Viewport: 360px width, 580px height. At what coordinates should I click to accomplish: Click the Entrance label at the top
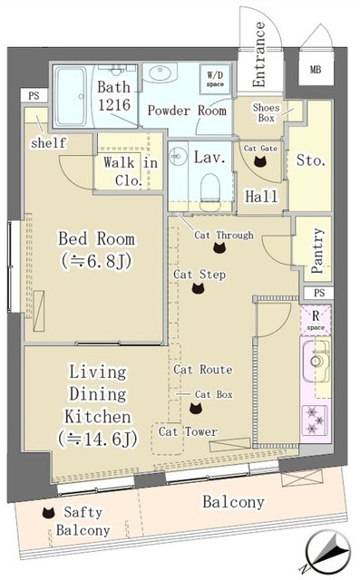tap(259, 54)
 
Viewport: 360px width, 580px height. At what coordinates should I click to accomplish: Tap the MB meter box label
tap(316, 69)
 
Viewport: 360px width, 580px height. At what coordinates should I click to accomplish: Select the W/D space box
tap(215, 79)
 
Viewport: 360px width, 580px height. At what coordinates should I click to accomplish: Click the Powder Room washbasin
tap(161, 72)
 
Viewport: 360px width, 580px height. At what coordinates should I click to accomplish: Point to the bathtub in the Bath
tap(71, 97)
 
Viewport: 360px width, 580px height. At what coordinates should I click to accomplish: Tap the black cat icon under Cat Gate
tap(260, 161)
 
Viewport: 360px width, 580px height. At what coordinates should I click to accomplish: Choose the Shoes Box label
tap(266, 112)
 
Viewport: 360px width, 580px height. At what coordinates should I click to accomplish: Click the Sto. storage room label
tap(311, 160)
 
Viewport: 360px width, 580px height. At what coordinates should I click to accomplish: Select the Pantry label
tap(316, 250)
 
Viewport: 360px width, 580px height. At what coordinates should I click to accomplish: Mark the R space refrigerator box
tap(316, 320)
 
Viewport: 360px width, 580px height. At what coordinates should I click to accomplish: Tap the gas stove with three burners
tap(315, 420)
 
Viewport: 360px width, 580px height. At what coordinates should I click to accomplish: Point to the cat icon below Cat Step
tap(199, 288)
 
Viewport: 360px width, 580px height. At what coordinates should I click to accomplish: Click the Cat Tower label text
tap(188, 431)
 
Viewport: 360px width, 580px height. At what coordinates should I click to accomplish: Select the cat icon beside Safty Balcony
tap(48, 513)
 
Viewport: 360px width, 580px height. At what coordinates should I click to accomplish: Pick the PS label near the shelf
tap(34, 96)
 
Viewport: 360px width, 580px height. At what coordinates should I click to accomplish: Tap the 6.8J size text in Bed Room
tap(97, 262)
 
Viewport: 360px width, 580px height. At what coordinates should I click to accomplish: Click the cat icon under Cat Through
tap(219, 247)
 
